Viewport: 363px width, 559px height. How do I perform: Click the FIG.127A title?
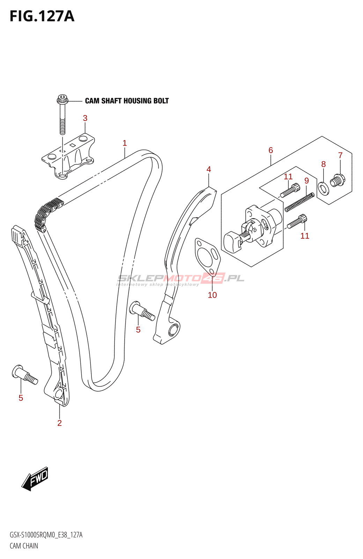point(42,16)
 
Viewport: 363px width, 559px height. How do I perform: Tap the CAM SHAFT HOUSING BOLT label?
point(127,101)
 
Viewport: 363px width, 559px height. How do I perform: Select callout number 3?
point(85,118)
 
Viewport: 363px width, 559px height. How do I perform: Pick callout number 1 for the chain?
point(125,143)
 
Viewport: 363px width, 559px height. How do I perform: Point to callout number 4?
point(209,169)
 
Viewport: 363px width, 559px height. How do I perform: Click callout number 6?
point(271,150)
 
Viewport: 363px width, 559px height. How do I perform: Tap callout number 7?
point(341,155)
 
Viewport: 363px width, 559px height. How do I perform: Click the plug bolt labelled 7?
point(338,181)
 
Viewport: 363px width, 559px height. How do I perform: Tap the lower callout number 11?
point(305,236)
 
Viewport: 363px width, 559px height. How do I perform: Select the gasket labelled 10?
point(208,257)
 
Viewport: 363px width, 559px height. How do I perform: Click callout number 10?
point(213,295)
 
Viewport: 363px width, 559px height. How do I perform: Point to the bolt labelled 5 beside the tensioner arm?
point(142,311)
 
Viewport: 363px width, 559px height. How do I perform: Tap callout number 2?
point(59,423)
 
